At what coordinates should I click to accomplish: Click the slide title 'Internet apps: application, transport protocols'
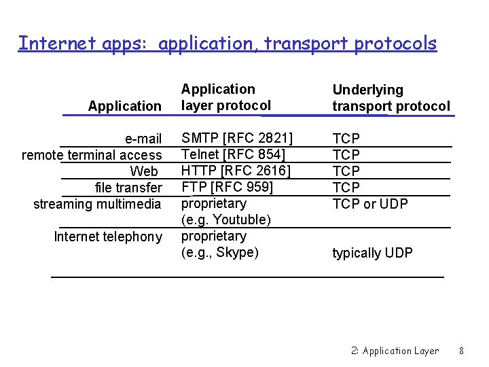[x=228, y=43]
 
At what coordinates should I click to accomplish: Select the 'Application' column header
[x=125, y=105]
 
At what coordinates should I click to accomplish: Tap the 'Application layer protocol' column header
[x=225, y=97]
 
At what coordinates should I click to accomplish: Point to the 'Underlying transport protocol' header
[x=391, y=98]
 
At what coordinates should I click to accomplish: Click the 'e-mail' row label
[x=143, y=139]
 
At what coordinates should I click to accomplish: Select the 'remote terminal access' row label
[x=92, y=155]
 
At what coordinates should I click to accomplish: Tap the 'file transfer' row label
[x=128, y=188]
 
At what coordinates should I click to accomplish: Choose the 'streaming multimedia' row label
[x=97, y=204]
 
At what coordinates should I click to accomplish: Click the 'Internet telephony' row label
[x=108, y=237]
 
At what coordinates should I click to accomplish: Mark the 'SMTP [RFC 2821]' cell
[x=236, y=139]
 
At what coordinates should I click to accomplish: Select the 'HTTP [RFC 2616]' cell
[x=235, y=171]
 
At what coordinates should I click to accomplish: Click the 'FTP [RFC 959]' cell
[x=227, y=187]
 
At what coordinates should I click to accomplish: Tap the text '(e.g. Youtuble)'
[x=225, y=220]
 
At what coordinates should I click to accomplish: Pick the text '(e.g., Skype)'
[x=219, y=252]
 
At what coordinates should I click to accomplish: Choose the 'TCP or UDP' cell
[x=369, y=204]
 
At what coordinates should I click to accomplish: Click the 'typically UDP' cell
[x=372, y=253]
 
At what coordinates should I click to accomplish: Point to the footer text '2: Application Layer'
[x=395, y=351]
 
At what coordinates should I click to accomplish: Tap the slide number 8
[x=461, y=351]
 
